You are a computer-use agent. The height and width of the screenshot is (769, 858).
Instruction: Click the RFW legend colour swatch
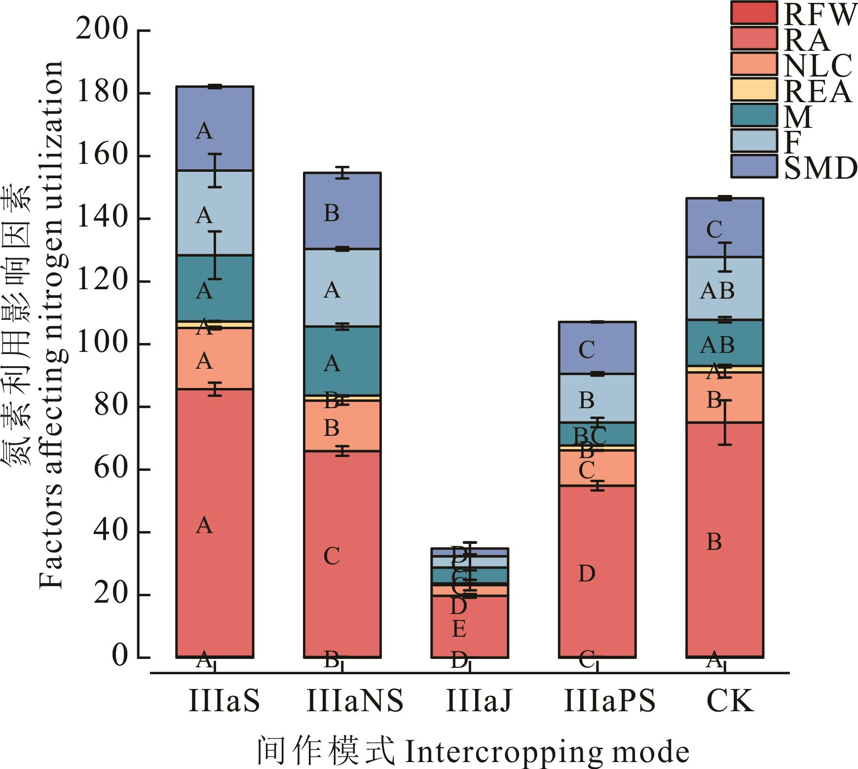click(x=753, y=13)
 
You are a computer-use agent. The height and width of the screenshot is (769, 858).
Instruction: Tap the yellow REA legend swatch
click(x=753, y=90)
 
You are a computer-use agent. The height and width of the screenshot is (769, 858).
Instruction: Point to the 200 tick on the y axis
click(x=102, y=30)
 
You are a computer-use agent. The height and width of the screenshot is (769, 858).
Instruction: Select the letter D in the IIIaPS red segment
click(x=587, y=574)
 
